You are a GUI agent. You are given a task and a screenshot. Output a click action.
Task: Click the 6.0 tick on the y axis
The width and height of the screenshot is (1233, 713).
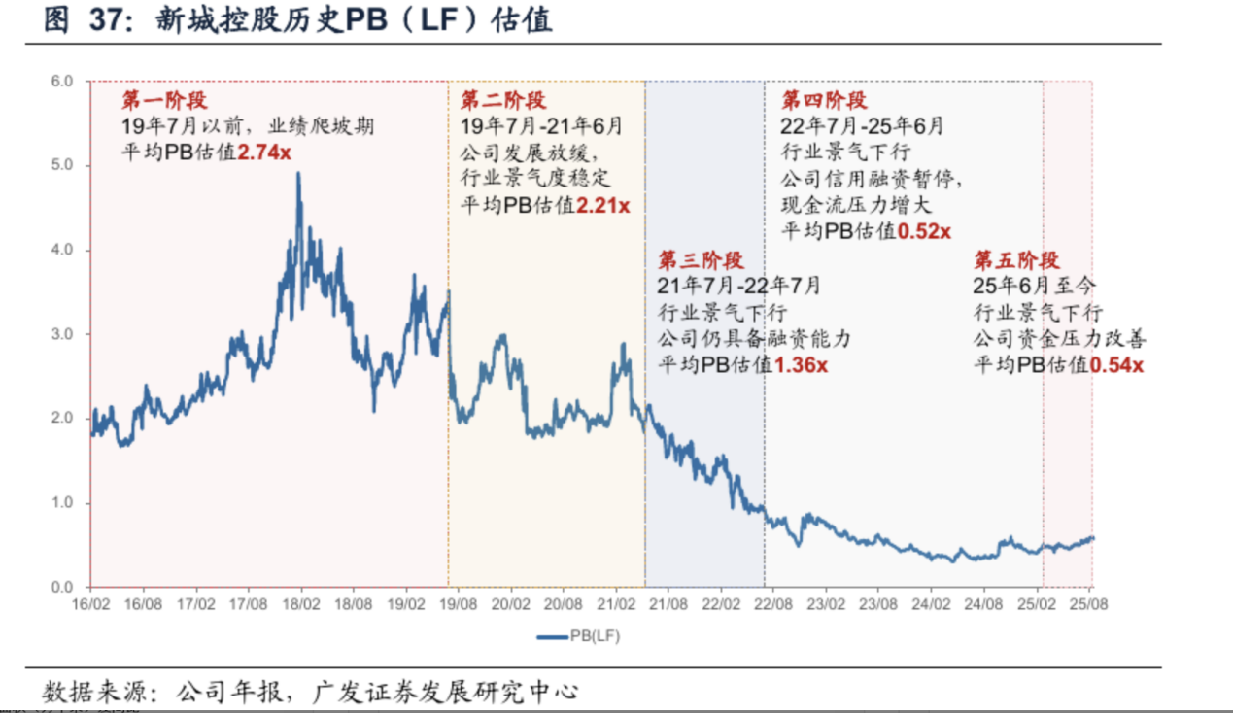pos(63,82)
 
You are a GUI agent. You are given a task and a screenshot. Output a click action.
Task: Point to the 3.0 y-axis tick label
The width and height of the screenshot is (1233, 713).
pos(63,334)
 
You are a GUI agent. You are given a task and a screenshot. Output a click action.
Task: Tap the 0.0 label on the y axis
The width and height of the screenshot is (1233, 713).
pos(63,587)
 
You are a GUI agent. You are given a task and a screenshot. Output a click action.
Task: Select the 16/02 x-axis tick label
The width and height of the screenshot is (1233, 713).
pos(90,603)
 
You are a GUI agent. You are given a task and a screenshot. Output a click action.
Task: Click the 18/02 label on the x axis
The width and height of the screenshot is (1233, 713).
pos(300,603)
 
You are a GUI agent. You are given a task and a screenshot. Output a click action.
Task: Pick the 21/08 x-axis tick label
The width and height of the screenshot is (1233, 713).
pos(668,603)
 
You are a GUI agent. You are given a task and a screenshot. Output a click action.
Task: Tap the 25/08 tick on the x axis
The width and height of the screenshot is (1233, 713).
pos(1089,603)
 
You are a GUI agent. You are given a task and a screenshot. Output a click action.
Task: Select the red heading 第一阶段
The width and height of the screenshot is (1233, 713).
pos(164,101)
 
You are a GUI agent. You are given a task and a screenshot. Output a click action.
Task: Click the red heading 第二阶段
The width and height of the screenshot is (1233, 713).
pos(502,101)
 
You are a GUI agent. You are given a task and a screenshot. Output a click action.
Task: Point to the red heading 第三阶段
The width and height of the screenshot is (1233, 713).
pos(701,260)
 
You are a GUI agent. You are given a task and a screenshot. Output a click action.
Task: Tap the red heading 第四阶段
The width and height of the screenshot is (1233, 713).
pos(824,101)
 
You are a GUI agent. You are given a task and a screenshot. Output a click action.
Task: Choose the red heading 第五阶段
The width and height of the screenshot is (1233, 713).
pos(1016,260)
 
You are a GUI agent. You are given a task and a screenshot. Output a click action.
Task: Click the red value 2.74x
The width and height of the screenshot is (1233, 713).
pos(264,153)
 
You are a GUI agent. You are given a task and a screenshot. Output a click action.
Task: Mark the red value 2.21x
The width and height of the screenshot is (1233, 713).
pos(602,206)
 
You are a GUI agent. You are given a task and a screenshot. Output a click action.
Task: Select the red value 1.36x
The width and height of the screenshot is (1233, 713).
pos(801,365)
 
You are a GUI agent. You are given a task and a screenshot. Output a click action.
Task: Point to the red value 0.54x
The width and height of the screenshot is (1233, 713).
pos(1116,365)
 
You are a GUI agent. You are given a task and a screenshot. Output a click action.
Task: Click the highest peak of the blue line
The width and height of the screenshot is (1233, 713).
pos(298,174)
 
